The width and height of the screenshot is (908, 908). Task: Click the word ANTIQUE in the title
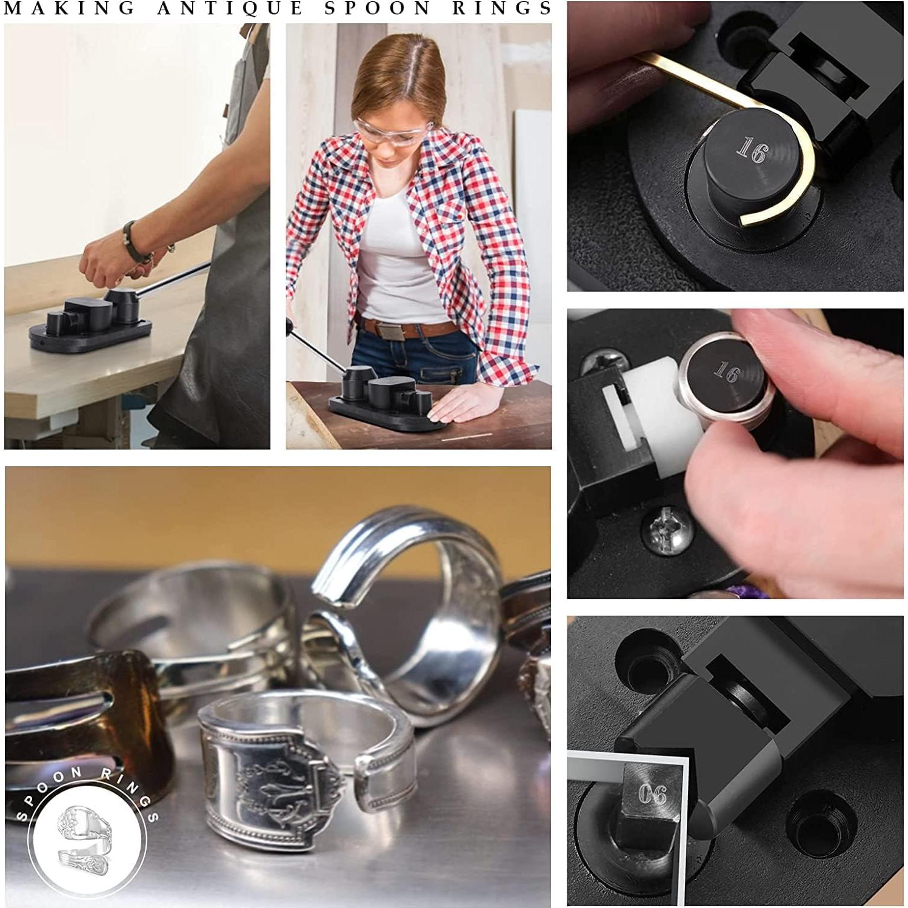pyautogui.click(x=230, y=8)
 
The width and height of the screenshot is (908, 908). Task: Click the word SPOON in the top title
pyautogui.click(x=378, y=8)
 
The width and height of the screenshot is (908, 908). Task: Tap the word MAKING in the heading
pyautogui.click(x=70, y=8)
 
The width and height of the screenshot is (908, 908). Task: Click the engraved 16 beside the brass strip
pyautogui.click(x=751, y=150)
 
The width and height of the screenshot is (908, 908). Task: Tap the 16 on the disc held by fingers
pyautogui.click(x=726, y=371)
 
